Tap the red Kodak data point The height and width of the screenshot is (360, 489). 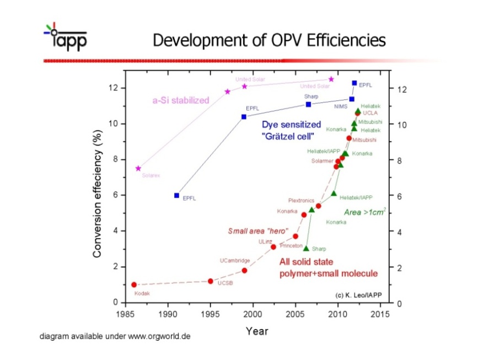click(x=134, y=284)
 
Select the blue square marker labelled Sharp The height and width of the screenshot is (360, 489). click(x=308, y=104)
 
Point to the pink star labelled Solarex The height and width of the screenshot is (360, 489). click(x=138, y=168)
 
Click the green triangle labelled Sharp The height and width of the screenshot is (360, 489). click(x=306, y=248)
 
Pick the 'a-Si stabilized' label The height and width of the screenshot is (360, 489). click(x=181, y=100)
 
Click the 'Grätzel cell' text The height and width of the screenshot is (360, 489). click(x=287, y=136)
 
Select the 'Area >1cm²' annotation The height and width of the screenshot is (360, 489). click(x=365, y=212)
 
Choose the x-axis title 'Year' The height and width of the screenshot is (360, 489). click(x=257, y=331)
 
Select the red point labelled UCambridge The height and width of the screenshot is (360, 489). click(x=244, y=270)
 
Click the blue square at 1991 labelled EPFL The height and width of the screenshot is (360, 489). click(x=176, y=195)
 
